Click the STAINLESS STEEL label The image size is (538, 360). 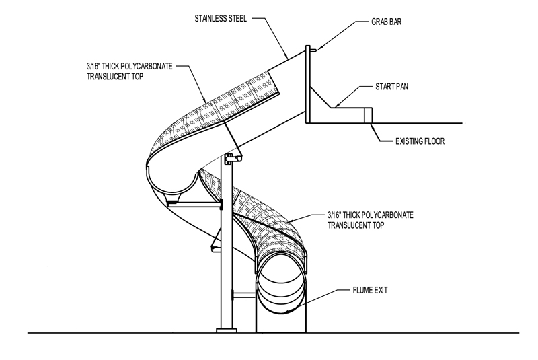tap(221, 19)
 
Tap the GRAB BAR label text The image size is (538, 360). tap(386, 22)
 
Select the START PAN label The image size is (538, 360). tap(391, 87)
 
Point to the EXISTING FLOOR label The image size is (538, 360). tap(420, 141)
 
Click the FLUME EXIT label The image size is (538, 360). tap(370, 290)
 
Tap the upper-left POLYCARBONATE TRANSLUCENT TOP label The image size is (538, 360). tap(129, 71)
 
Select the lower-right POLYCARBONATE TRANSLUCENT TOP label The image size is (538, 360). tap(371, 220)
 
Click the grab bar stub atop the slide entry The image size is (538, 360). tap(313, 50)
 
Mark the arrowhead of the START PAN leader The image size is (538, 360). tap(337, 105)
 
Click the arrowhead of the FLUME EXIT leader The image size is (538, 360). tap(290, 310)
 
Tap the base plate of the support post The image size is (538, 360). tap(227, 331)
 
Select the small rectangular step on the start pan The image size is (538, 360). tap(368, 115)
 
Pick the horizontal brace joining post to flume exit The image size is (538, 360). tap(244, 295)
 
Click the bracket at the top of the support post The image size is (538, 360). tap(233, 159)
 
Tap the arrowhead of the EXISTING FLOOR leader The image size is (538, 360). tap(371, 124)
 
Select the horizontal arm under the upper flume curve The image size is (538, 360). tap(194, 205)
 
